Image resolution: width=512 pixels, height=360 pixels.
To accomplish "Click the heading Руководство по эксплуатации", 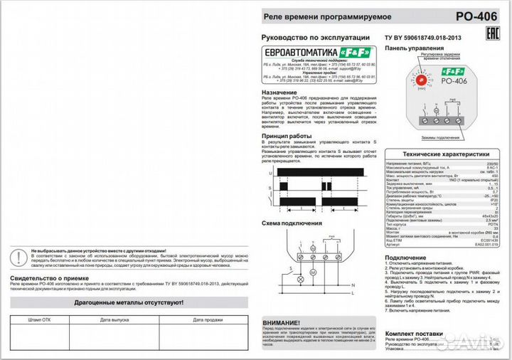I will (316, 37).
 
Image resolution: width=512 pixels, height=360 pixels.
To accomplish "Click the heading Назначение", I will (279, 92).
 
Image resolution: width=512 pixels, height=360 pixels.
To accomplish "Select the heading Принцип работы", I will (287, 135).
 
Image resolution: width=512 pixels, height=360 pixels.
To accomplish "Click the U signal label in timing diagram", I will (270, 173).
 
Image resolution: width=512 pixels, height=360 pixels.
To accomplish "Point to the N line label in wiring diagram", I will (353, 292).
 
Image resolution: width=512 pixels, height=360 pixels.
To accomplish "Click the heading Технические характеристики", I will (446, 154).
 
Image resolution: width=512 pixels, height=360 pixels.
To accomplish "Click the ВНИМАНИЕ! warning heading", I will (282, 322).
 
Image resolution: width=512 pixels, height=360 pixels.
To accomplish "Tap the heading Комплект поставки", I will (418, 332).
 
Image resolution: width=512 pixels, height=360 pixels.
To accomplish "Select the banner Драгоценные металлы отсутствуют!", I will (130, 302).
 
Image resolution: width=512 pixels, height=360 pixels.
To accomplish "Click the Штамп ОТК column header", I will (40, 319).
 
